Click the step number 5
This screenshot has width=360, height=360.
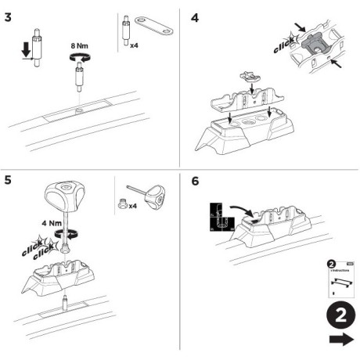tap(9, 181)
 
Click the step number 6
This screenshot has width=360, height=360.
tap(195, 181)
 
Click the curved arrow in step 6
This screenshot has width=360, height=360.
tap(243, 209)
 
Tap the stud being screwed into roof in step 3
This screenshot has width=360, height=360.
tap(79, 81)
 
